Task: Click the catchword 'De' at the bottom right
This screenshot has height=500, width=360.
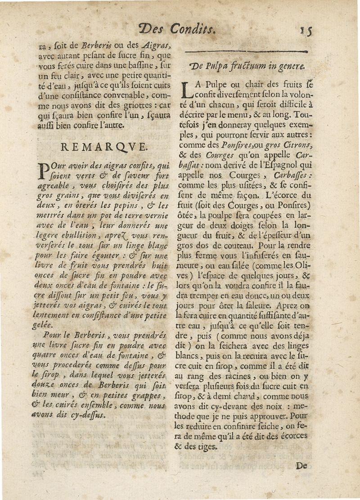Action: (301, 466)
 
